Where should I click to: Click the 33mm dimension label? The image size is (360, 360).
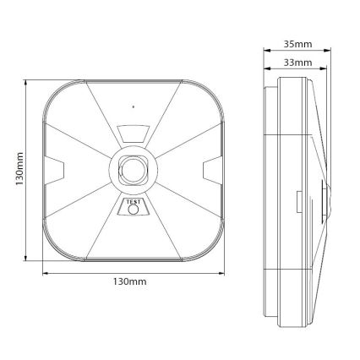(x=294, y=62)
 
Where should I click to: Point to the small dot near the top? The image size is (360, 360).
(x=134, y=107)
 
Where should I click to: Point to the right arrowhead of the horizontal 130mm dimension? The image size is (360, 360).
(x=225, y=272)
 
